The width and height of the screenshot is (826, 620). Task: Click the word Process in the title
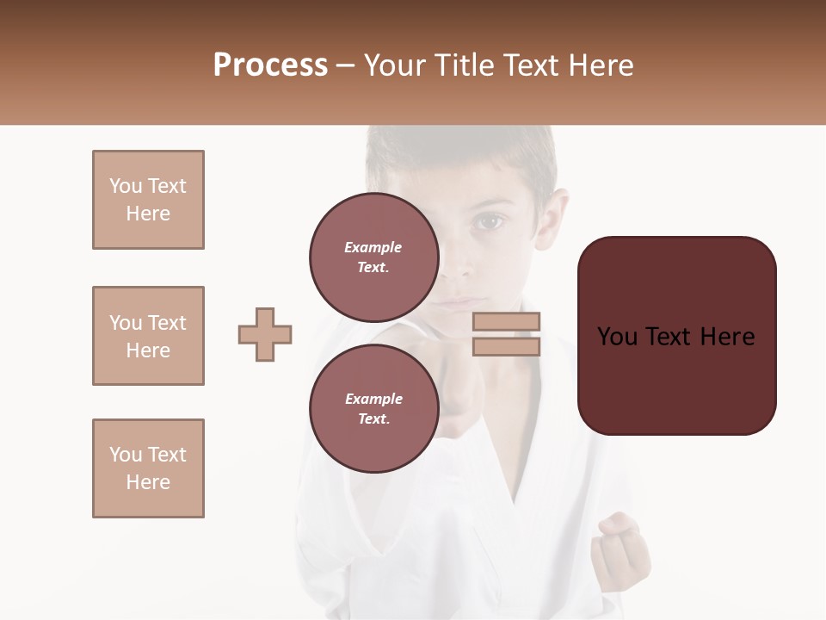[270, 65]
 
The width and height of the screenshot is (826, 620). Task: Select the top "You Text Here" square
[148, 200]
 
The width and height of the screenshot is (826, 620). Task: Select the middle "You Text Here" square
[148, 336]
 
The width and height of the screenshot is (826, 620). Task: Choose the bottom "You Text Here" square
[148, 468]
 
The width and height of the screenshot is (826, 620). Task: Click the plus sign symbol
[265, 334]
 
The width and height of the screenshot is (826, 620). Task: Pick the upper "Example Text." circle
[373, 257]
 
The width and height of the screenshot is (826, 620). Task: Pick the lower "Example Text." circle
[373, 408]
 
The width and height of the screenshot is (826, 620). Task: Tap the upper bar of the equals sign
[507, 322]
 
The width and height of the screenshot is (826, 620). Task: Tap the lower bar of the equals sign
[507, 346]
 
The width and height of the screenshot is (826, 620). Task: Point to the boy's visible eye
[490, 222]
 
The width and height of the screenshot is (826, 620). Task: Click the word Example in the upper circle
[373, 248]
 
